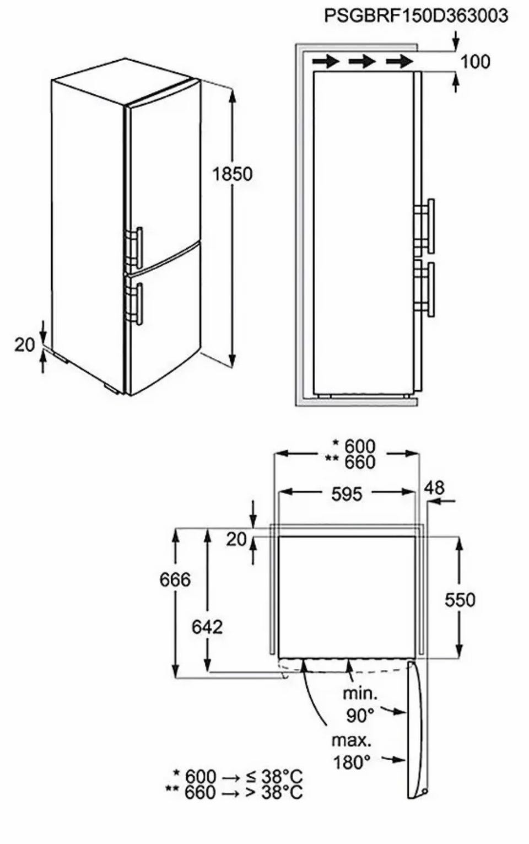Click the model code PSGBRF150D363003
point(416,16)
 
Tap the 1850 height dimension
point(233,174)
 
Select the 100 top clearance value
point(476,62)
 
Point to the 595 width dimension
point(347,494)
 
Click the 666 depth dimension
point(175,579)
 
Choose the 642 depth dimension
point(207,627)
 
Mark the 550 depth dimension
point(460,599)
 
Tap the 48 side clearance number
point(434,487)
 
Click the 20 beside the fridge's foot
point(25,345)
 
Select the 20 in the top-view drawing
point(236,540)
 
